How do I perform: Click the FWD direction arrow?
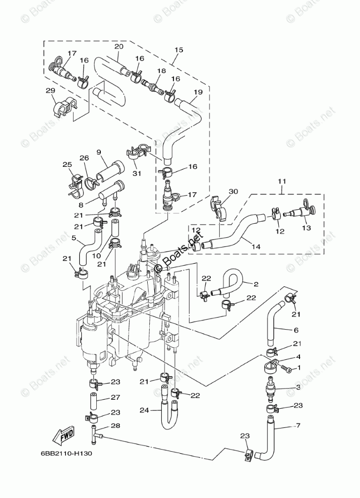click(x=66, y=435)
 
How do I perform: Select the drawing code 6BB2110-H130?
click(x=64, y=453)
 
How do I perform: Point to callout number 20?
click(x=118, y=46)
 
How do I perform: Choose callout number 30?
click(x=232, y=191)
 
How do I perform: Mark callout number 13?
click(x=306, y=227)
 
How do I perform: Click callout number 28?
click(x=115, y=426)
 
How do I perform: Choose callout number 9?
click(x=99, y=152)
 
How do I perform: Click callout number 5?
click(x=74, y=237)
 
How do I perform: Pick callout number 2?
click(x=256, y=284)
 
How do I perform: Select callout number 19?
click(x=198, y=92)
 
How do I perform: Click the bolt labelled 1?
click(x=287, y=369)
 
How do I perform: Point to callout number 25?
click(x=67, y=164)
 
